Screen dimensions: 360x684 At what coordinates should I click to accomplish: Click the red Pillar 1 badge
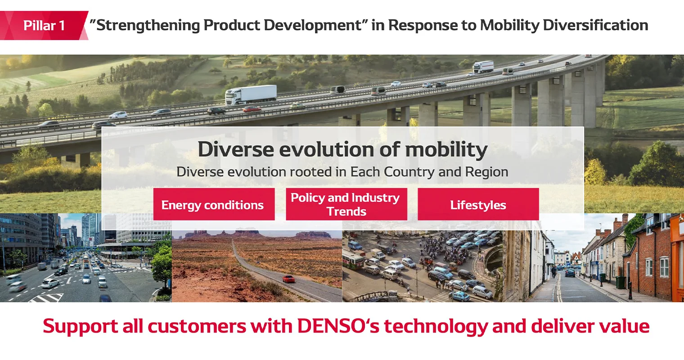(44, 25)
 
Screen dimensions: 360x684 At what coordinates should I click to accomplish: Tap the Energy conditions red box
(214, 205)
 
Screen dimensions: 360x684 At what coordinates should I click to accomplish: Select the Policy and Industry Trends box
(346, 204)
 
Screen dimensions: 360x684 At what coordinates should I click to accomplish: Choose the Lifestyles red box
(478, 205)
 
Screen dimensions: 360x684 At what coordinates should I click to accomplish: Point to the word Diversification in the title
(595, 25)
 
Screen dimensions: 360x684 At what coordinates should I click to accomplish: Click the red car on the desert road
(288, 279)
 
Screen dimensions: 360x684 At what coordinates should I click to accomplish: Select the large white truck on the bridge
(251, 94)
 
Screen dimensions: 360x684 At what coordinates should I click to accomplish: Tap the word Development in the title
(313, 25)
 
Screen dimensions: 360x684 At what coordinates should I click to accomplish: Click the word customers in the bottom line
(197, 326)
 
